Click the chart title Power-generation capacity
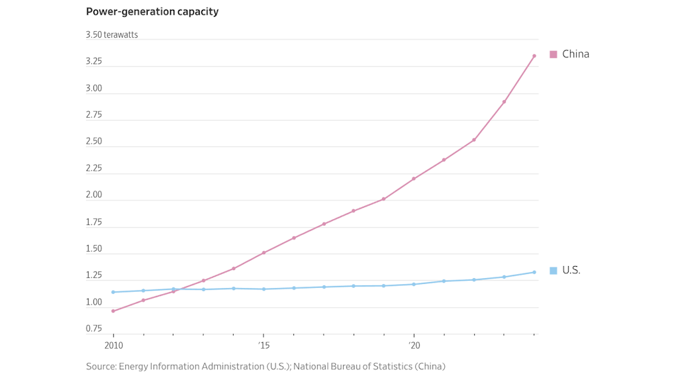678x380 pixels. click(152, 12)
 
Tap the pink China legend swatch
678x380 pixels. click(554, 54)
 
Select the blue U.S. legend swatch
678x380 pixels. click(554, 270)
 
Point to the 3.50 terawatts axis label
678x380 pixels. click(112, 35)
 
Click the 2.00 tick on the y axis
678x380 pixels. click(94, 195)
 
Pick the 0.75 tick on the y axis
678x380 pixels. click(94, 329)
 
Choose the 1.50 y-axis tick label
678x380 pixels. click(94, 249)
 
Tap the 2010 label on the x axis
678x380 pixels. click(113, 346)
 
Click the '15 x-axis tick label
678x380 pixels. click(264, 346)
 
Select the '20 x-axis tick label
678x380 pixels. click(414, 346)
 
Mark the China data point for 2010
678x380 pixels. click(113, 311)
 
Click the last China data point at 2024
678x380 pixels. click(534, 56)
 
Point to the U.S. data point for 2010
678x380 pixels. click(113, 292)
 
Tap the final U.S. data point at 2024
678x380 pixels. click(534, 272)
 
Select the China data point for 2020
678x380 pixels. click(414, 179)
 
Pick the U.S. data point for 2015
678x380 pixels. click(264, 289)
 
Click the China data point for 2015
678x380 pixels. click(264, 253)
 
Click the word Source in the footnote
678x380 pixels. click(101, 367)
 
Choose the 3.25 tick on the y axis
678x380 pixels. click(94, 62)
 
